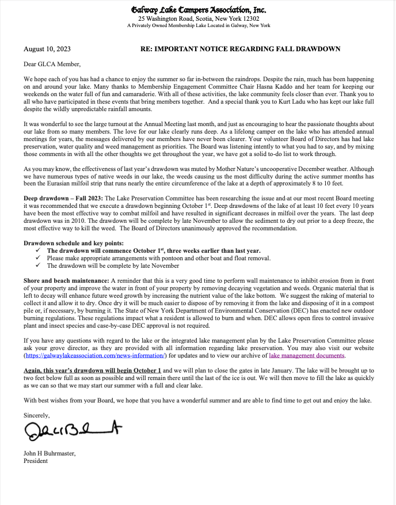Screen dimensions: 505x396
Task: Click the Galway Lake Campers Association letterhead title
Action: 199,10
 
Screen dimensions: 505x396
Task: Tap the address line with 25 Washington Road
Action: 199,18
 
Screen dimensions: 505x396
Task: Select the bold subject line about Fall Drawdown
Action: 240,49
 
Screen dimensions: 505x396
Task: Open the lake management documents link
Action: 307,355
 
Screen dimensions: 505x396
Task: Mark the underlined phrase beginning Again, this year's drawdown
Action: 93,370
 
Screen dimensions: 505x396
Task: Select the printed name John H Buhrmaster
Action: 49,453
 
